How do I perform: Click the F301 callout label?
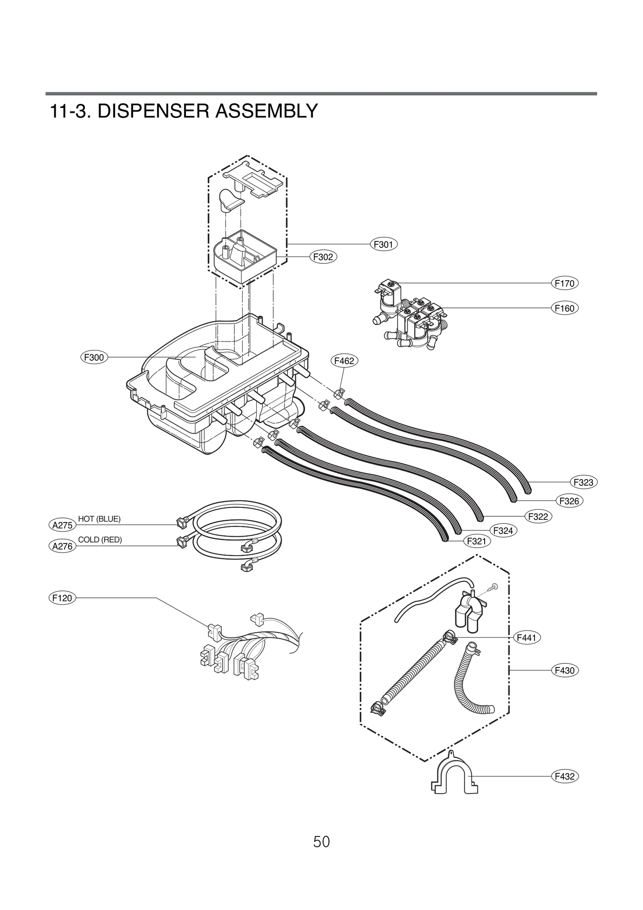(383, 244)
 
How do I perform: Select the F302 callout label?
(323, 257)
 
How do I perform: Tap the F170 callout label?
(564, 283)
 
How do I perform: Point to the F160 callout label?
(564, 308)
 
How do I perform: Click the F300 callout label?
(94, 357)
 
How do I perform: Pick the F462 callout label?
(344, 361)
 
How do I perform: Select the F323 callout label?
(583, 482)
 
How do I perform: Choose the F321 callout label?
(477, 541)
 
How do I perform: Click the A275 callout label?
(62, 525)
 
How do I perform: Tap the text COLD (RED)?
(100, 540)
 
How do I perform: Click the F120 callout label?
(62, 598)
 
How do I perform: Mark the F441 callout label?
(526, 638)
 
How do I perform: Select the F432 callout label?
(564, 776)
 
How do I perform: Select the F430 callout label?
(564, 670)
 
